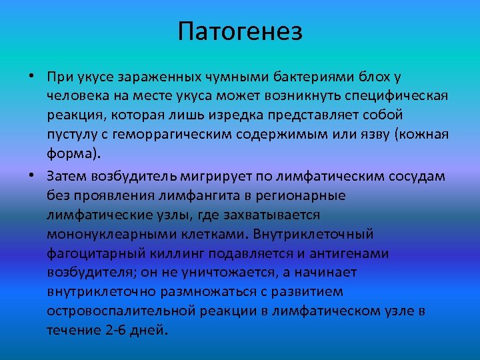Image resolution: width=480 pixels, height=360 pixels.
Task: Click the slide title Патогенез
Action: point(240,31)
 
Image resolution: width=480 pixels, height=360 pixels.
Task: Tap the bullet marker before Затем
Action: point(32,175)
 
